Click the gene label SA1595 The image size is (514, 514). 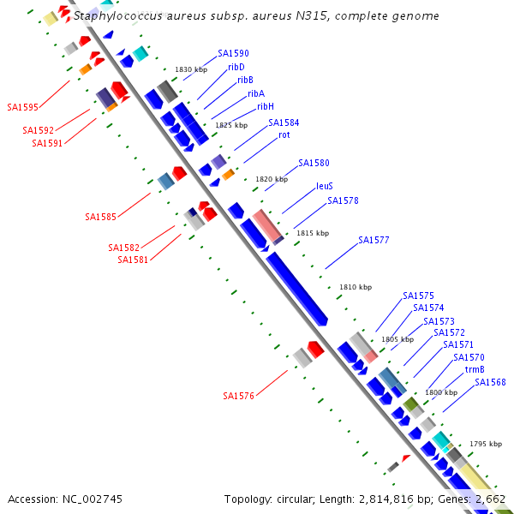point(22,107)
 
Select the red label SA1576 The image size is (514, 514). point(238,396)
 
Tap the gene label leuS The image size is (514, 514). point(324,185)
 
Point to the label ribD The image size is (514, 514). point(236,67)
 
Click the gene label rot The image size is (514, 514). point(284,135)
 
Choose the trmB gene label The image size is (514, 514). point(474,370)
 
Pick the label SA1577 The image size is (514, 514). point(374,241)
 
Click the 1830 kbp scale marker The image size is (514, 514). point(191,70)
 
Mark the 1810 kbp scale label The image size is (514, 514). point(356,288)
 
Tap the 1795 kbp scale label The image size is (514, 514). point(486,444)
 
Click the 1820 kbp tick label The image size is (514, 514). point(272,180)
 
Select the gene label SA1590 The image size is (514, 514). point(233,53)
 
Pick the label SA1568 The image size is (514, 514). point(490,383)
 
